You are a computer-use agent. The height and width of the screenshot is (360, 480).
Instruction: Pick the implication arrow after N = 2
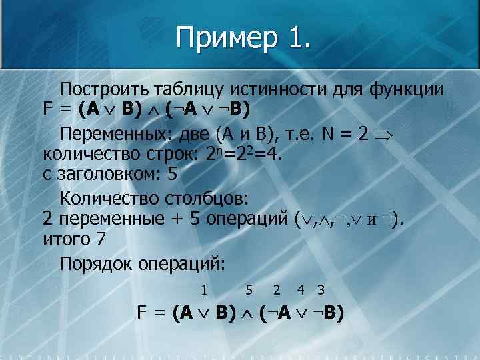click(385, 135)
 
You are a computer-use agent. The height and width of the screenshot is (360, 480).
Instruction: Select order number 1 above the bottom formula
click(205, 290)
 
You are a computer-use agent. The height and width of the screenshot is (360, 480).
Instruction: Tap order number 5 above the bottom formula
click(249, 290)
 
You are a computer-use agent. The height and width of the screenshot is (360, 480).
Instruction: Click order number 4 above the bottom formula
click(301, 290)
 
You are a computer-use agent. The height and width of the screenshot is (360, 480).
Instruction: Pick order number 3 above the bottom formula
click(321, 290)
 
